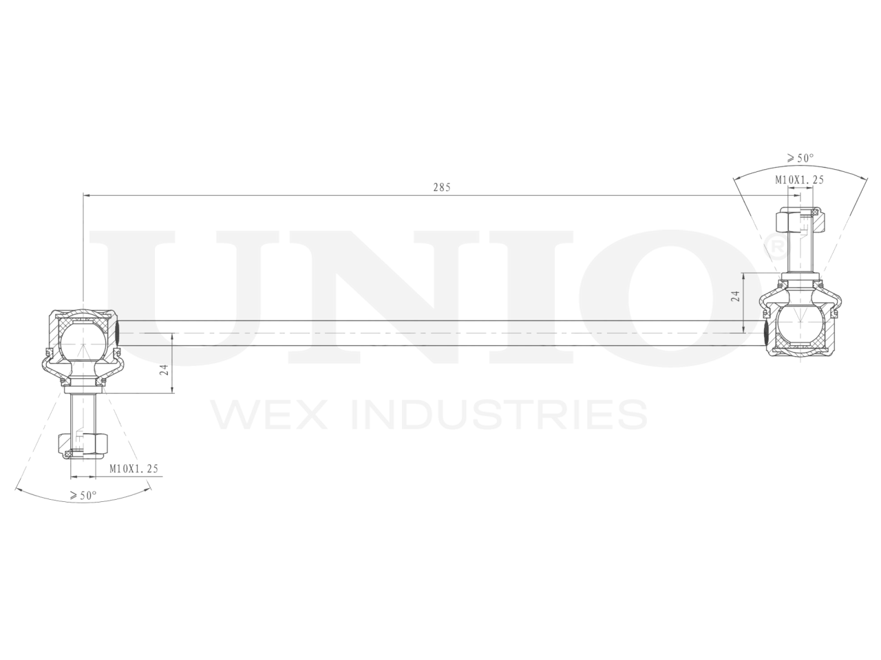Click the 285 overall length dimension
tap(441, 187)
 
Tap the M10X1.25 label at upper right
tap(799, 180)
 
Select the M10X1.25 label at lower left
tap(134, 469)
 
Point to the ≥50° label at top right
tap(799, 158)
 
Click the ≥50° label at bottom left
tap(83, 495)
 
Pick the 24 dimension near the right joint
tap(735, 297)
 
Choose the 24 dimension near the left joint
tap(164, 369)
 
